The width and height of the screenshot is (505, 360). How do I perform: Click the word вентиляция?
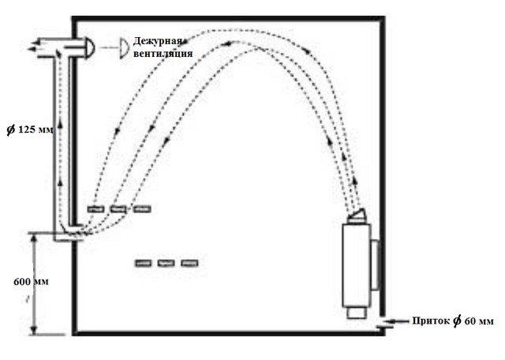[x=163, y=54]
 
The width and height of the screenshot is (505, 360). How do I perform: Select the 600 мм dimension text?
[x=31, y=282]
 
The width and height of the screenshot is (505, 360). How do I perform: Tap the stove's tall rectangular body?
[x=357, y=265]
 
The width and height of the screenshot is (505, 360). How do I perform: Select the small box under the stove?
[x=357, y=313]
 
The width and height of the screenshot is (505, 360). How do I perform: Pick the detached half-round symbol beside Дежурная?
[x=125, y=48]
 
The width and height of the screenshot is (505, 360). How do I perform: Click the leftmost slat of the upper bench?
[x=95, y=209]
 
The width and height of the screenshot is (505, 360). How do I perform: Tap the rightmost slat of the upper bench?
[x=142, y=209]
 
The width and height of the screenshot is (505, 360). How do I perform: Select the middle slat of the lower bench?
[x=166, y=264]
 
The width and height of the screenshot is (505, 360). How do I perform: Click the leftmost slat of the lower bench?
[x=144, y=264]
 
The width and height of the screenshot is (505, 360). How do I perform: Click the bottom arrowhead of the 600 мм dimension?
[x=34, y=330]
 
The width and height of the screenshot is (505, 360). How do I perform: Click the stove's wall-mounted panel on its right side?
[x=375, y=265]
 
